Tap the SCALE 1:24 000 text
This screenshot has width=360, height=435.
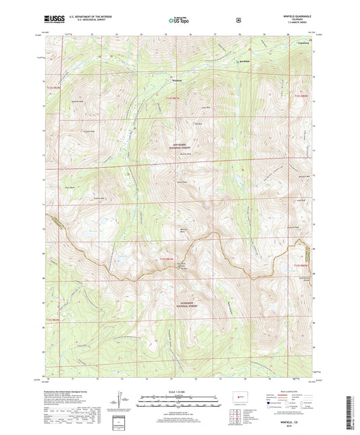tap(180, 396)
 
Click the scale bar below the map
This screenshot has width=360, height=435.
tap(180, 403)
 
